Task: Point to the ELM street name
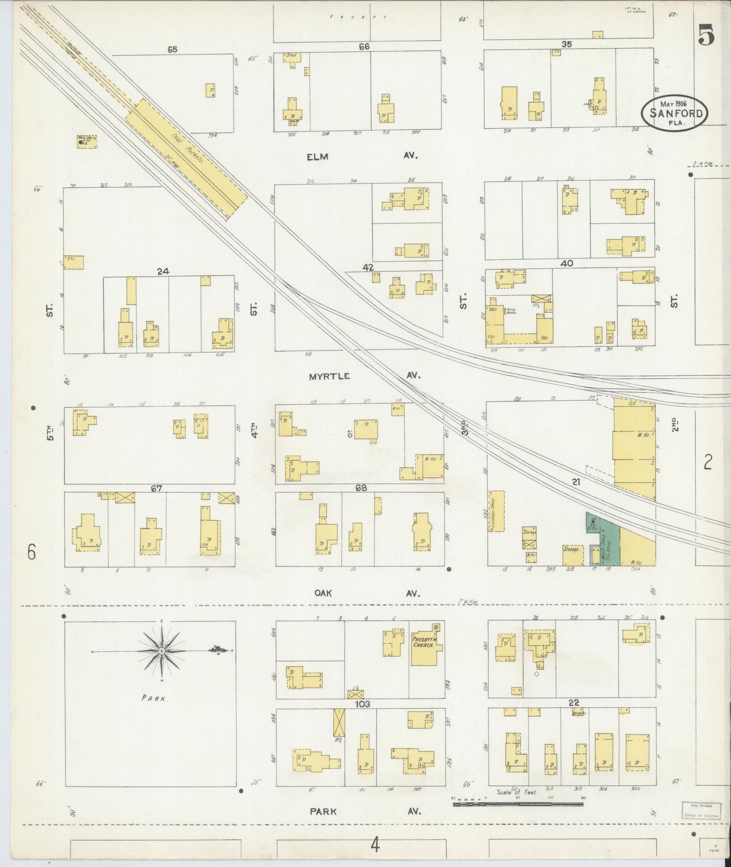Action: click(x=317, y=156)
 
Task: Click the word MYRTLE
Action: click(x=329, y=376)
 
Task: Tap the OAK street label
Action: click(x=323, y=593)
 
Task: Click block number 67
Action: click(x=156, y=489)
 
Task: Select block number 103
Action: click(x=363, y=704)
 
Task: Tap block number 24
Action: click(x=162, y=272)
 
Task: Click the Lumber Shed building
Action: click(x=497, y=511)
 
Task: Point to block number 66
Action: click(x=364, y=47)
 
